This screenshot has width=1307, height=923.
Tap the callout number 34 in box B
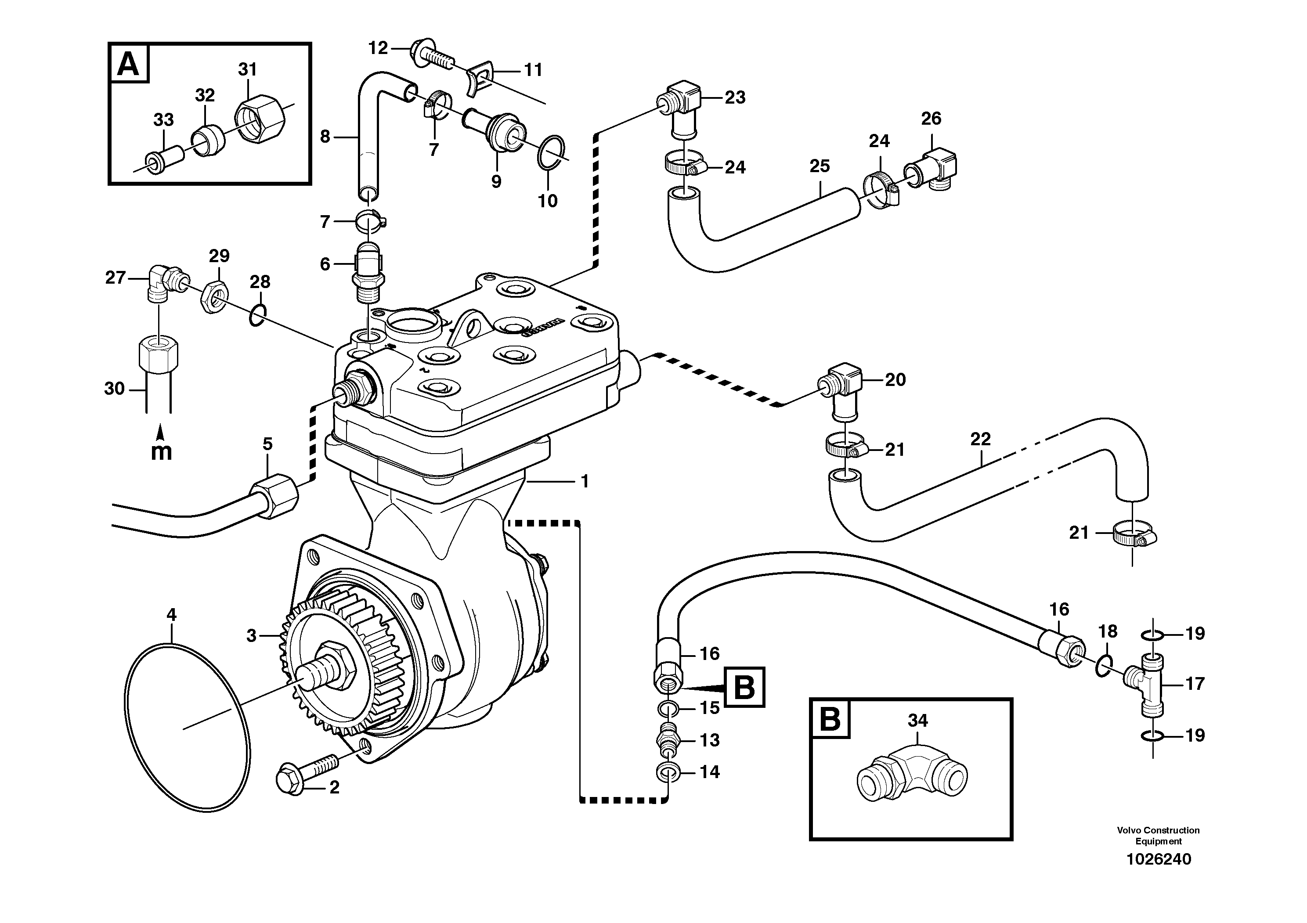coord(917,721)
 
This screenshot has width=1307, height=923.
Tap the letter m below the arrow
coord(162,451)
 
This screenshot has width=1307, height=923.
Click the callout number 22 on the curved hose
coord(981,439)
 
